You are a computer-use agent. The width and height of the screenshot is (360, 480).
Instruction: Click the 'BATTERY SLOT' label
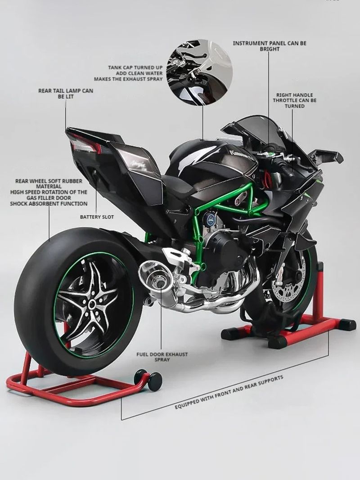coord(97,217)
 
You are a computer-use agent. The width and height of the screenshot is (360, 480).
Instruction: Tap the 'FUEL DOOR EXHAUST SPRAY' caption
coord(162,357)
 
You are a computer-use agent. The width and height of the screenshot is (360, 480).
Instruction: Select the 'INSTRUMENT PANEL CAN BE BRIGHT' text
coord(270,46)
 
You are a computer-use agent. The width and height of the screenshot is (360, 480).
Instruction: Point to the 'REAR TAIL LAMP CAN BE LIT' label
coord(66,94)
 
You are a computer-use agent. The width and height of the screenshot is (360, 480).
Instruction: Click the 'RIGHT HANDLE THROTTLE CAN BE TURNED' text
coord(294,100)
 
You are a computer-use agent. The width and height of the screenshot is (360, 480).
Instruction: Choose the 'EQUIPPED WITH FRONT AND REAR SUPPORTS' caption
coord(229,392)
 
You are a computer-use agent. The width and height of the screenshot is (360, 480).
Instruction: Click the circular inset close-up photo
coord(199,72)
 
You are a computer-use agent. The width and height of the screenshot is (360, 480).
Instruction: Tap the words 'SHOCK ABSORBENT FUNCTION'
coord(49,204)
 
